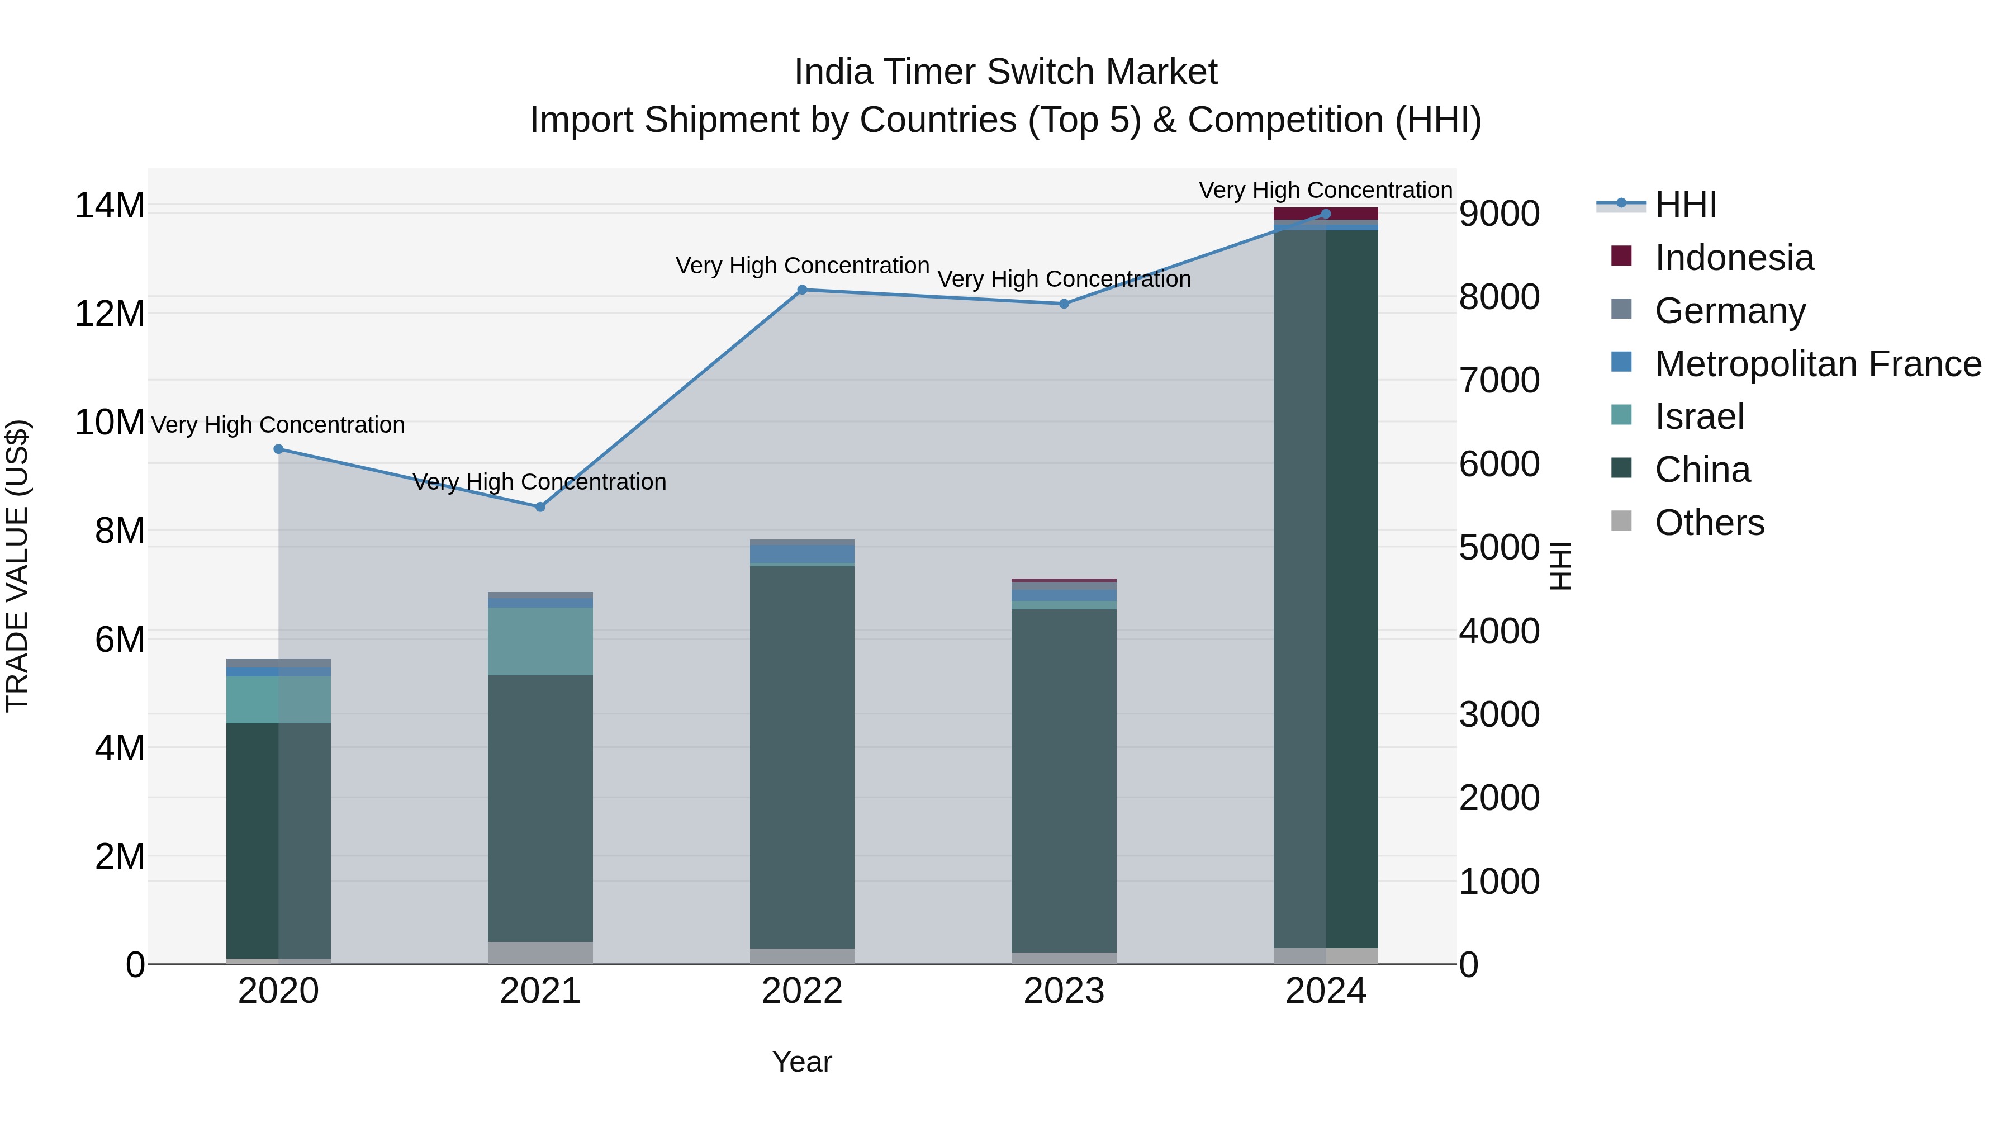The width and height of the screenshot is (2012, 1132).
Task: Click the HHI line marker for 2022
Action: (802, 290)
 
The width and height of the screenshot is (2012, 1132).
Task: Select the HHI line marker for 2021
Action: (540, 507)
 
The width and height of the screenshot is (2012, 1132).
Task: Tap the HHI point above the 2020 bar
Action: (278, 449)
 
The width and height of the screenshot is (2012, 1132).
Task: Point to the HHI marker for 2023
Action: (1064, 304)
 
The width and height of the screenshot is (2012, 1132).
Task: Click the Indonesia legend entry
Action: (1733, 258)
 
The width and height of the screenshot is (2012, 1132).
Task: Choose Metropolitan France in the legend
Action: (1818, 364)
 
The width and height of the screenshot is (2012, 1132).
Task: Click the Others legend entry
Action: (1709, 523)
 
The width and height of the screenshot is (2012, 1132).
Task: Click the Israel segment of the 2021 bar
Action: (540, 641)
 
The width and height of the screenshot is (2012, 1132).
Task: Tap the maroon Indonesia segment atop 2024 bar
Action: (1326, 214)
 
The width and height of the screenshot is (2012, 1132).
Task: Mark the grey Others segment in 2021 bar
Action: (540, 953)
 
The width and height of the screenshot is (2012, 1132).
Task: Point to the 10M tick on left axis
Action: (110, 423)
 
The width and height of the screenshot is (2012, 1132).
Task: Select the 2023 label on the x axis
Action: (1064, 991)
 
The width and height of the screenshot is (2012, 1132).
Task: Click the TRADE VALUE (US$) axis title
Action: (17, 566)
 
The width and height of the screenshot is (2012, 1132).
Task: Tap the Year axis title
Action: (802, 1062)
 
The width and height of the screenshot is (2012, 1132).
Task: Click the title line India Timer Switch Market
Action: (1005, 72)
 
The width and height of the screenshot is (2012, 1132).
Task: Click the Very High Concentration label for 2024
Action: (1326, 190)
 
